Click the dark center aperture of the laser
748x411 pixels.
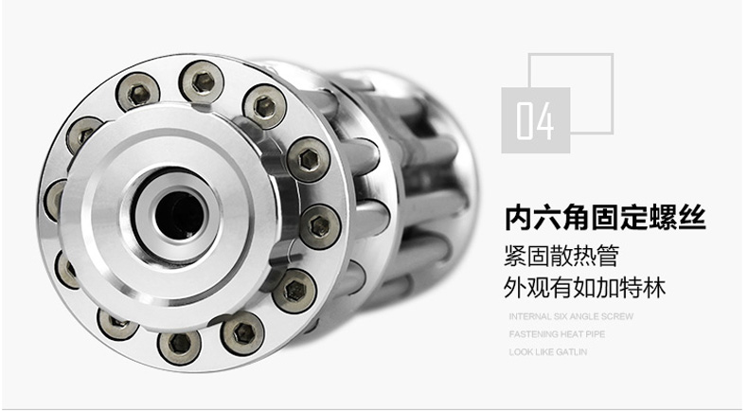pos(180,215)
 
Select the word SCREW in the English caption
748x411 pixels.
pos(617,316)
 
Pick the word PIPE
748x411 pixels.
pos(596,334)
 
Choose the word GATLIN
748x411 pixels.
pos(571,352)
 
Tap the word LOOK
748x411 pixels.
pos(519,352)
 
